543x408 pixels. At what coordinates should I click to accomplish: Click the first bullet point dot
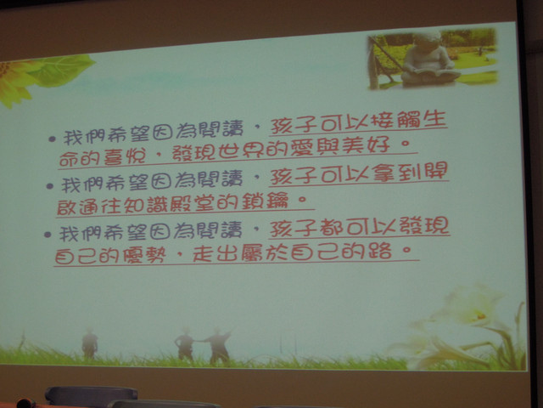pos(52,139)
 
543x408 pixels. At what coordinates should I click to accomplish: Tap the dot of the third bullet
pos(48,235)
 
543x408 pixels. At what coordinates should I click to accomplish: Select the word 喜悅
pos(125,156)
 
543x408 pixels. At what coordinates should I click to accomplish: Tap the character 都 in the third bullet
pos(332,228)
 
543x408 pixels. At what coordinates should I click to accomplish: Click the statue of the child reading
pos(430,59)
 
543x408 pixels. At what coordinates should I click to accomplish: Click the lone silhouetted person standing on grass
pos(90,344)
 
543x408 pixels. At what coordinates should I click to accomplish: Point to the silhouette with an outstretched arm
pos(217,346)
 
